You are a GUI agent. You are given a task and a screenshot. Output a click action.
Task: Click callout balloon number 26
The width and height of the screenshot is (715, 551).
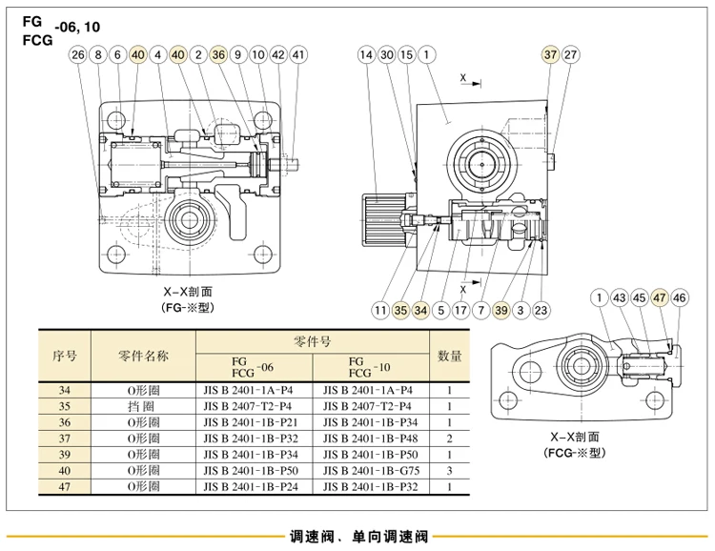[x=78, y=54]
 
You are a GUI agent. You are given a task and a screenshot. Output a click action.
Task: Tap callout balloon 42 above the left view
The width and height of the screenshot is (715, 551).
[x=278, y=54]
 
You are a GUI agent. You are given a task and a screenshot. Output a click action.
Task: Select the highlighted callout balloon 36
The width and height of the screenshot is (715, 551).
[x=218, y=54]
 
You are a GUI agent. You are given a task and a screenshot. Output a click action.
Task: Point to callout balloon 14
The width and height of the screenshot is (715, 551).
[x=366, y=54]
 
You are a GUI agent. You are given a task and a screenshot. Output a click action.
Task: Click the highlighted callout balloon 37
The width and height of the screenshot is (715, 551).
[x=550, y=54]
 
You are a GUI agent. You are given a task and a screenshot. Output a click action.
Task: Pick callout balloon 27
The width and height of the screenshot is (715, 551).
[x=570, y=54]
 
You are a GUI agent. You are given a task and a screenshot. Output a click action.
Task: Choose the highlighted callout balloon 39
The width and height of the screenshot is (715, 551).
[x=500, y=311]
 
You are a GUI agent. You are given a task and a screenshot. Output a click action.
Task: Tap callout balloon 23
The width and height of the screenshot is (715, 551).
[x=541, y=311]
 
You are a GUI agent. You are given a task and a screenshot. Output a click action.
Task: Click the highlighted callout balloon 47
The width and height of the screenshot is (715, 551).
[x=660, y=297]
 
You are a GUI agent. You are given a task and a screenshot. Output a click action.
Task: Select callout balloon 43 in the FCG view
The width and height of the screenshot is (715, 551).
[x=620, y=297]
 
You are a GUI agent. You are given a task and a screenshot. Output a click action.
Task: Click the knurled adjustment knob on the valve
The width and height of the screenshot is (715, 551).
[x=384, y=220]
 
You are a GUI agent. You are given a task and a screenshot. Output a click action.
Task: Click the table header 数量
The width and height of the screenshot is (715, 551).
[x=450, y=356]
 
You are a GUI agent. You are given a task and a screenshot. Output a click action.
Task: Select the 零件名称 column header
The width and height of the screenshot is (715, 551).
[x=143, y=356]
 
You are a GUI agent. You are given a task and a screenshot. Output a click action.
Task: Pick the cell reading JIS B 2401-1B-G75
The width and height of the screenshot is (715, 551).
[x=371, y=470]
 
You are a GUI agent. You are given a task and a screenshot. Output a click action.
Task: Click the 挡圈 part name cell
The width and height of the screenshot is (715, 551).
[x=143, y=406]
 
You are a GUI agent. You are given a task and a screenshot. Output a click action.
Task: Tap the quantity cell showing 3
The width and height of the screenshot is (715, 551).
[x=450, y=470]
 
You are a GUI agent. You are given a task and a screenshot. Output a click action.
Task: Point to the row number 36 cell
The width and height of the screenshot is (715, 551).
[x=65, y=422]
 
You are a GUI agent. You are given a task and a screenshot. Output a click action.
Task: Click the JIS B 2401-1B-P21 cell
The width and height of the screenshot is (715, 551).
[x=251, y=422]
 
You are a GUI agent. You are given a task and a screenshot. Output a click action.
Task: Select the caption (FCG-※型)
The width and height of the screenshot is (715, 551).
[x=575, y=453]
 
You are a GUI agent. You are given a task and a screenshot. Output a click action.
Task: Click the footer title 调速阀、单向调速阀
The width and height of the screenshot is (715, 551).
[x=358, y=537]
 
